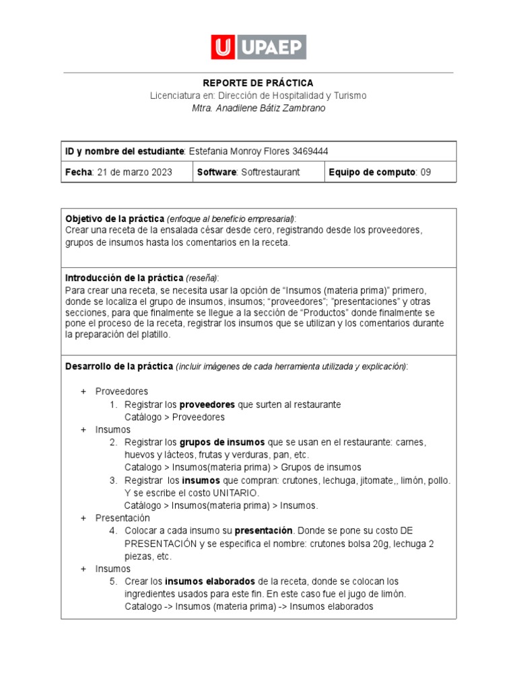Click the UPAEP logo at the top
coord(258,47)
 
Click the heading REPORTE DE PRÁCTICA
coord(258,83)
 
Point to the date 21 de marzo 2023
coord(134,172)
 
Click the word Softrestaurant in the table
coord(270,172)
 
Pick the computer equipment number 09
coord(425,172)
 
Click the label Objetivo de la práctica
coord(114,219)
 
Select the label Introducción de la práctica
coord(124,278)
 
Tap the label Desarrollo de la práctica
coord(119,366)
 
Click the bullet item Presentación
coord(123,518)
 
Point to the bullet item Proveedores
coord(122,392)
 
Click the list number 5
coord(113,581)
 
